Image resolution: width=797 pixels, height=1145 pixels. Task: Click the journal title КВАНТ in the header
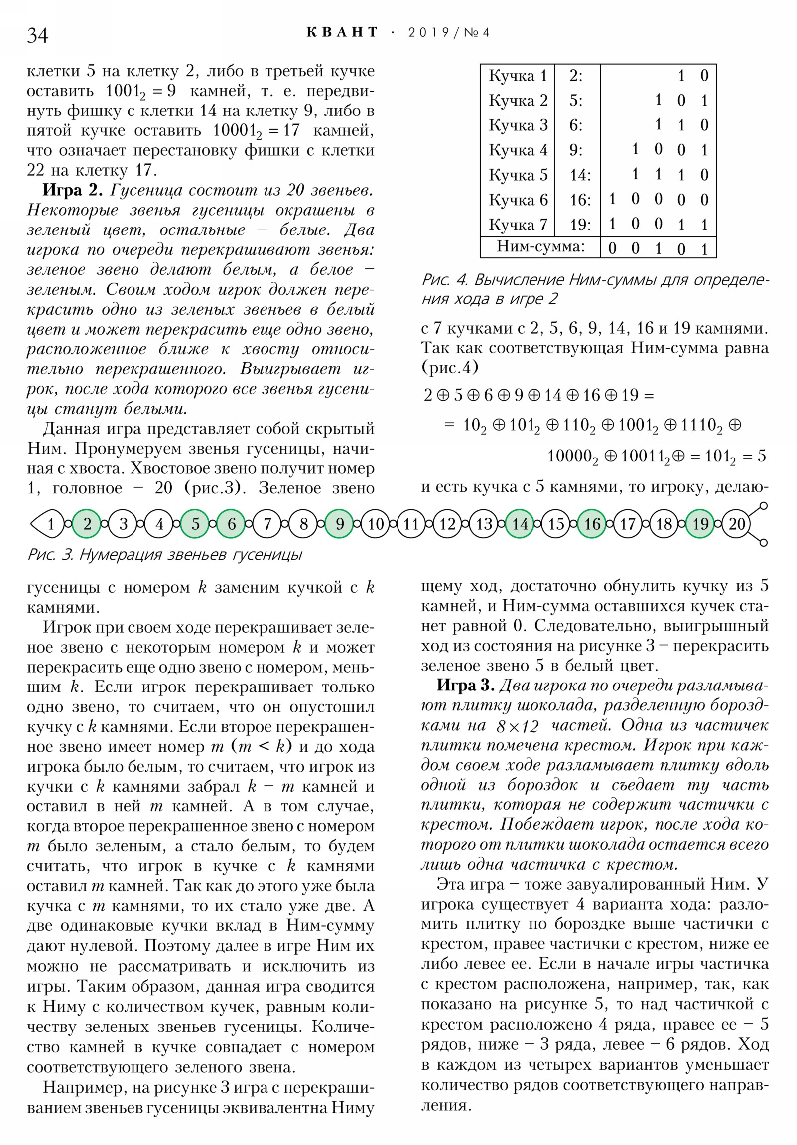point(342,32)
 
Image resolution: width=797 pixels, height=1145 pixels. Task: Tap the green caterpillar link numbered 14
point(520,524)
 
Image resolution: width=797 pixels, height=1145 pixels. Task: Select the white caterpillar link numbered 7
point(267,524)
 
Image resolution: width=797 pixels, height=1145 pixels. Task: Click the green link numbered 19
point(700,524)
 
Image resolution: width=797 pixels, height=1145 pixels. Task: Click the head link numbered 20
point(737,524)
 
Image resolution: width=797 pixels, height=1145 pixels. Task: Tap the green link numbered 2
point(87,524)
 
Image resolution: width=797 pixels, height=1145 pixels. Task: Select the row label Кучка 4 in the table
point(518,150)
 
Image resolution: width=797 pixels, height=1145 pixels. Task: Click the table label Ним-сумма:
point(540,247)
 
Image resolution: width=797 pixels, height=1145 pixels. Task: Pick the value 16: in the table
point(580,200)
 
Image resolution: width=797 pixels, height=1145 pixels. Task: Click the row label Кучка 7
point(518,225)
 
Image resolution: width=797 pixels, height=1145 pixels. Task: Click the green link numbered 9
point(339,524)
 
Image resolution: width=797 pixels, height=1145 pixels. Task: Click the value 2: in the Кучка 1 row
point(576,76)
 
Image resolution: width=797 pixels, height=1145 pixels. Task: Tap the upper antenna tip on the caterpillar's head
point(763,506)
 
